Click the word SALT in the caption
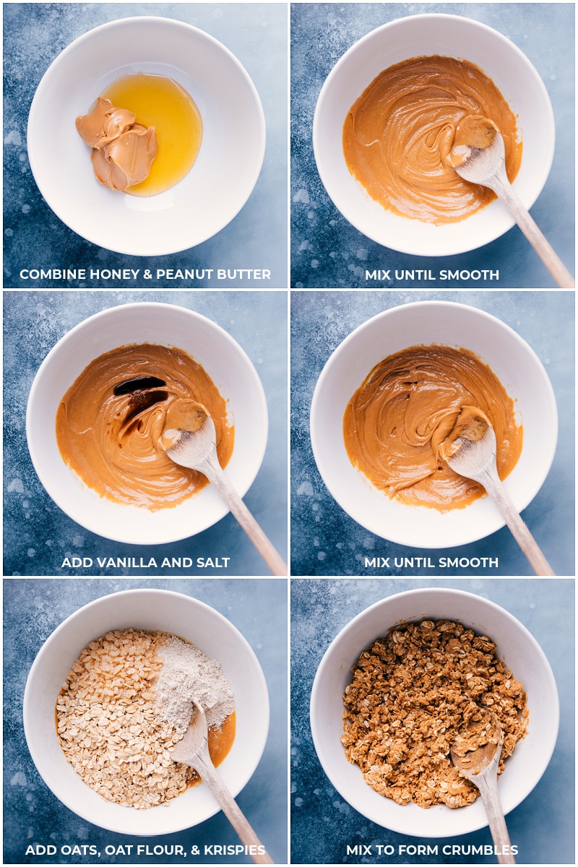point(213,562)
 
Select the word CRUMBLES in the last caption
point(482,850)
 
